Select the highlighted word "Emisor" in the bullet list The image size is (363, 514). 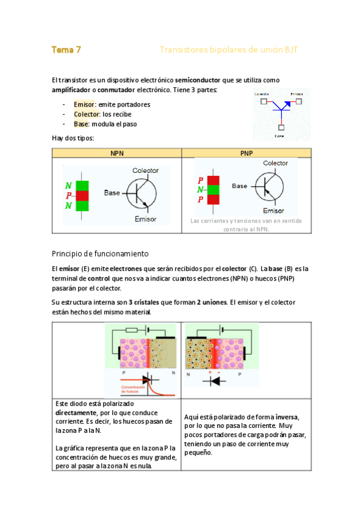pyautogui.click(x=84, y=104)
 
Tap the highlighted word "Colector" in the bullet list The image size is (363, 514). pyautogui.click(x=87, y=114)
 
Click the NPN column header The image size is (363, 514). pyautogui.click(x=117, y=153)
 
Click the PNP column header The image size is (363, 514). pyautogui.click(x=247, y=153)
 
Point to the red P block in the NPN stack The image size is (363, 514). pyautogui.click(x=82, y=196)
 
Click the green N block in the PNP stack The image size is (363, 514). pyautogui.click(x=213, y=190)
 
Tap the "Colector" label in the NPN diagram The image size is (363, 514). pyautogui.click(x=145, y=171)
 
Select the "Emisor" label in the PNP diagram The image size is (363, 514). pyautogui.click(x=274, y=210)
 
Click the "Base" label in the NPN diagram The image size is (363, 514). pyautogui.click(x=112, y=193)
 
